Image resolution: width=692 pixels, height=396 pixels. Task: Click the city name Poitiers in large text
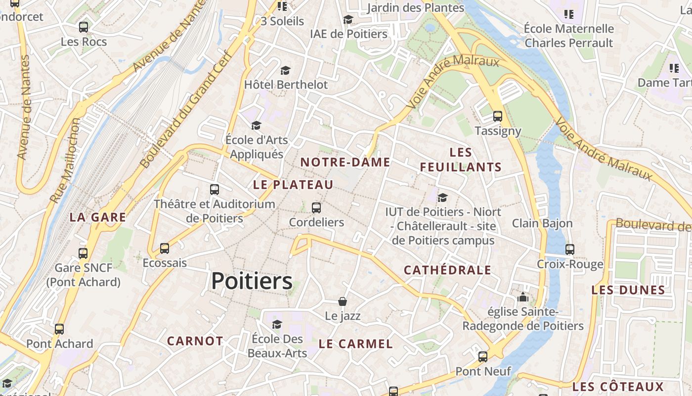pos(252,281)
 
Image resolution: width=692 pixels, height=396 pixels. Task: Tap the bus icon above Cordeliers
pos(316,208)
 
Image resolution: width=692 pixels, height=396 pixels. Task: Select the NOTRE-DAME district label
pos(345,162)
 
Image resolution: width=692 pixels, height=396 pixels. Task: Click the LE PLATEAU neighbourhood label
pos(293,185)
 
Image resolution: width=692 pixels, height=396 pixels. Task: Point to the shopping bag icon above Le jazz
pos(343,301)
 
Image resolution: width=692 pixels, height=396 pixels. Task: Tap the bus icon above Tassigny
pos(498,116)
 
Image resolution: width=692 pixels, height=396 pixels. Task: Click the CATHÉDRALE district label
pos(447,270)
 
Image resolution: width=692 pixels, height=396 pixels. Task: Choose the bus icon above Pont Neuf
pos(483,356)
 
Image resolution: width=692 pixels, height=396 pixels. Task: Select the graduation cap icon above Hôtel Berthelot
pos(285,70)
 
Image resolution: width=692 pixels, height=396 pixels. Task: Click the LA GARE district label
pos(98,217)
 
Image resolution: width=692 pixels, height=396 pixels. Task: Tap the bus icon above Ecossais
pos(165,248)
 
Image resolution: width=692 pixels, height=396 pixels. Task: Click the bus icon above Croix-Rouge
pos(570,249)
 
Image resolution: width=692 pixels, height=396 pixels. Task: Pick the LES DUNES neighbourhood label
pos(628,290)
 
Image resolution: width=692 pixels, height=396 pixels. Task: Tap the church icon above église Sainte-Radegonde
pos(522,297)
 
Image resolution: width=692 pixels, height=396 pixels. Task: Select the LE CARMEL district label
pos(355,344)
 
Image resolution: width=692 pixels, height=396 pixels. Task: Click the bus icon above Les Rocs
pos(84,27)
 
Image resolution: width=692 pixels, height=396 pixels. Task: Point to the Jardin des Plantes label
pos(416,8)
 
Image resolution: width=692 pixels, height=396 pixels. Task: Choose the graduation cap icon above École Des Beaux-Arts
pos(277,324)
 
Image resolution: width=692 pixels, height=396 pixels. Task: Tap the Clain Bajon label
pos(542,223)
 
